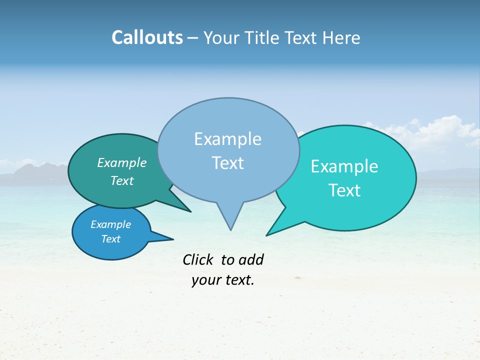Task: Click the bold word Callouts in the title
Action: coord(147,37)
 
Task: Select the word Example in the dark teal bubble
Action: coord(122,162)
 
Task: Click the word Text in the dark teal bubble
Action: coord(122,180)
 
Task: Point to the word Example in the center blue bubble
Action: coord(227,139)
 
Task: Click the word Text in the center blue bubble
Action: coord(227,163)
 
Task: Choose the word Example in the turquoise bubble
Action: coord(344,166)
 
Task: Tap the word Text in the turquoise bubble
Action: coord(344,190)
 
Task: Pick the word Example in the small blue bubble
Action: coord(111,224)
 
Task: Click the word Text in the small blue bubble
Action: coord(111,239)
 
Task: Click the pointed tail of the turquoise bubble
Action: coord(270,232)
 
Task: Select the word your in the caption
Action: coord(206,280)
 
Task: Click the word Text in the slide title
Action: coord(302,37)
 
